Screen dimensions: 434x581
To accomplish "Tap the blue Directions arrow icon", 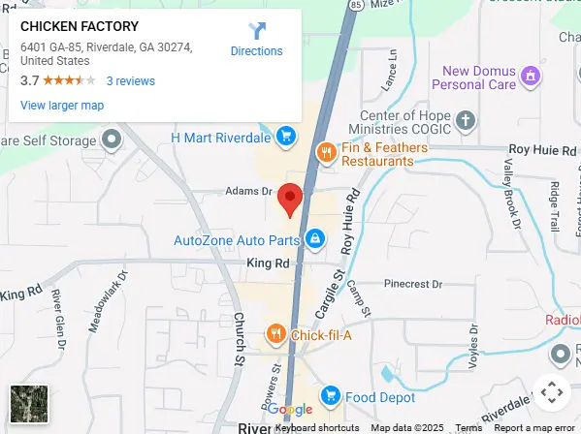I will (x=256, y=31).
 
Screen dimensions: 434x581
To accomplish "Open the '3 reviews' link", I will (x=130, y=81).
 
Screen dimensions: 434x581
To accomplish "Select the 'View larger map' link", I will (x=62, y=105).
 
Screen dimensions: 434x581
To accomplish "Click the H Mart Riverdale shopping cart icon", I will (x=285, y=137).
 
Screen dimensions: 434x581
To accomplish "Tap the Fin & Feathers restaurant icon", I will (x=327, y=152).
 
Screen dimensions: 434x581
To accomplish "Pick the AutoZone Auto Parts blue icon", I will (x=314, y=238).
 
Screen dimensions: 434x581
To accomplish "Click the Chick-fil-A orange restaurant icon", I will (x=275, y=335).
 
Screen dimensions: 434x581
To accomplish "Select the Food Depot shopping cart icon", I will (x=330, y=396).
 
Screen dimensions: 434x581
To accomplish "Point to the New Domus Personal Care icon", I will (x=530, y=75).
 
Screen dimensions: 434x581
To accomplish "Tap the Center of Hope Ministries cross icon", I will (x=467, y=121).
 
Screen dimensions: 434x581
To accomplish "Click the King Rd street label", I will (x=268, y=263).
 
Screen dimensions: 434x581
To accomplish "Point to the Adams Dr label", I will (x=249, y=191).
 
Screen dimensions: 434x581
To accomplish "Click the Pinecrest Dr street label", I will (x=412, y=284).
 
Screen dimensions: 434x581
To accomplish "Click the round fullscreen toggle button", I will (x=551, y=392).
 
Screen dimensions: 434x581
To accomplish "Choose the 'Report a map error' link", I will (x=533, y=427).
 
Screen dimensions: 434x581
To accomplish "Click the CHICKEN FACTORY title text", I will (x=80, y=26).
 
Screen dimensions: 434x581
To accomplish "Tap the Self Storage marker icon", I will (x=113, y=139).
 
